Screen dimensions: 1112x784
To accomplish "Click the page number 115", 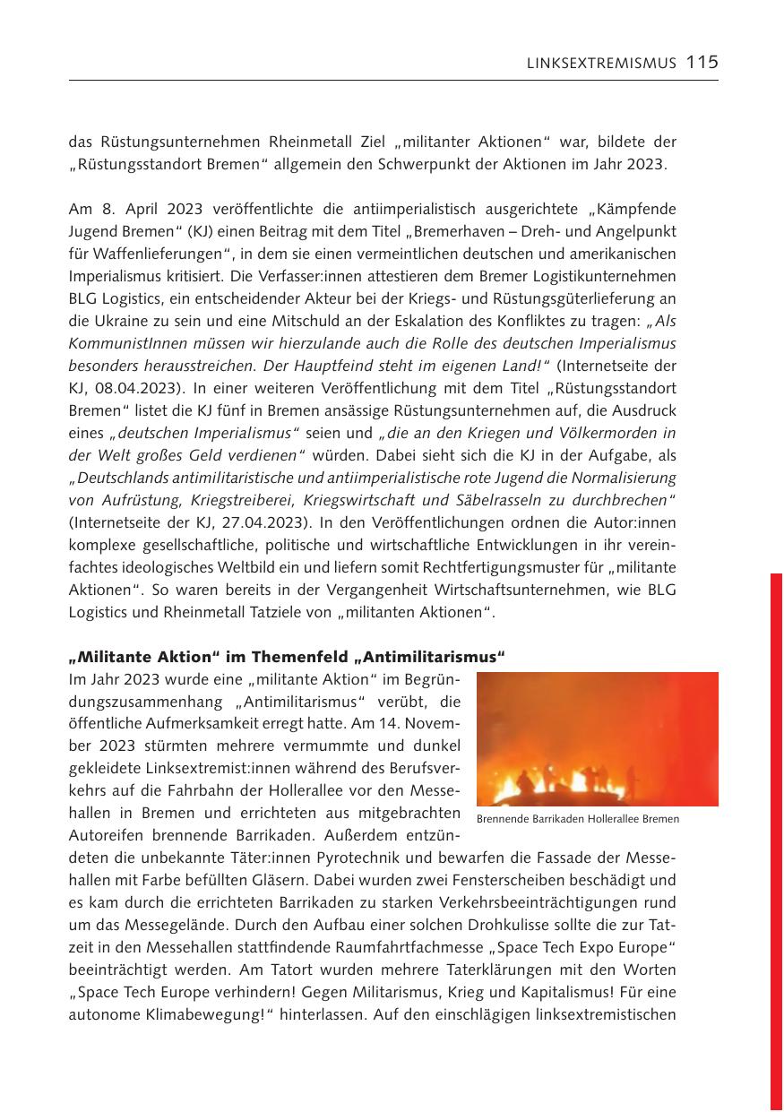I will pyautogui.click(x=702, y=62).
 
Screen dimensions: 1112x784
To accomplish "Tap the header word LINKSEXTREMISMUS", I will pyautogui.click(x=601, y=63).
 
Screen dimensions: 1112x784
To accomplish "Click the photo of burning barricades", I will pyautogui.click(x=597, y=738).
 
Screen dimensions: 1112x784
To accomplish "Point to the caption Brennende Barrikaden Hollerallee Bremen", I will pyautogui.click(x=577, y=819).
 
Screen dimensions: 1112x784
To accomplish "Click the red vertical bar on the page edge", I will pyautogui.click(x=776, y=842).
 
